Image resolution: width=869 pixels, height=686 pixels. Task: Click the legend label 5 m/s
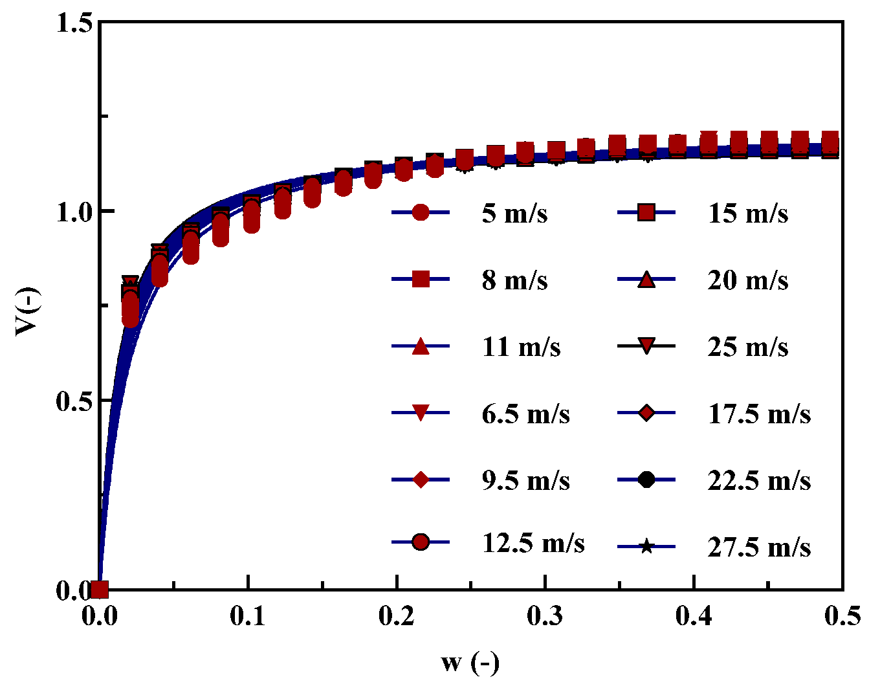point(514,213)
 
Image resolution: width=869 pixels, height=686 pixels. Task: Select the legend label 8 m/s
point(514,280)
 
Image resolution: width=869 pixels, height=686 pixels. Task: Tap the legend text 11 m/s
point(521,347)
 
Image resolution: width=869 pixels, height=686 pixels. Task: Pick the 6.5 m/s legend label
point(525,414)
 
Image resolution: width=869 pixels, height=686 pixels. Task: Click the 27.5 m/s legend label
point(759,547)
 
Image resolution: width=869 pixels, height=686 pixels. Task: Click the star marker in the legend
point(646,547)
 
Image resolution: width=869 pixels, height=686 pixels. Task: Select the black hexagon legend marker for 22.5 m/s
point(646,480)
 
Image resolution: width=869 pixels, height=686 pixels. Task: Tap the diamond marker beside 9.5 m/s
point(421,480)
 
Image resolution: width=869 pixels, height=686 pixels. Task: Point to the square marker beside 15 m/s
point(646,212)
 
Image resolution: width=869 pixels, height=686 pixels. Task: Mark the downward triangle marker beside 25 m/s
point(646,347)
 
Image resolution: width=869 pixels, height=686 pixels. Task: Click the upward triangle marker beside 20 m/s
point(646,280)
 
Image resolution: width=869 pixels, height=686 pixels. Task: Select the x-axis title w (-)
point(470,663)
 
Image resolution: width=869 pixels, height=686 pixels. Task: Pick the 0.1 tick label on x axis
point(248,616)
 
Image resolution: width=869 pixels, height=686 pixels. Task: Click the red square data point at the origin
point(100,590)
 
